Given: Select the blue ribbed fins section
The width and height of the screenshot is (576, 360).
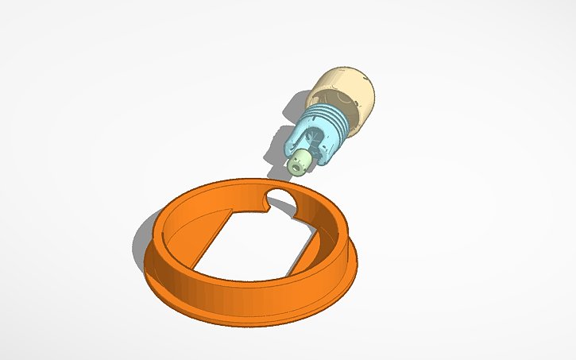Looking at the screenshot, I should coord(334,122).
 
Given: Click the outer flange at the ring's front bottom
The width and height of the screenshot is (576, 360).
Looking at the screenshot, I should coord(238,314).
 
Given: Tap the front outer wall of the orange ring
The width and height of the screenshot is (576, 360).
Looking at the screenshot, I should coord(238,294).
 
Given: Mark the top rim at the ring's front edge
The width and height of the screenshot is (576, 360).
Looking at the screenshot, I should coord(238,279).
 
